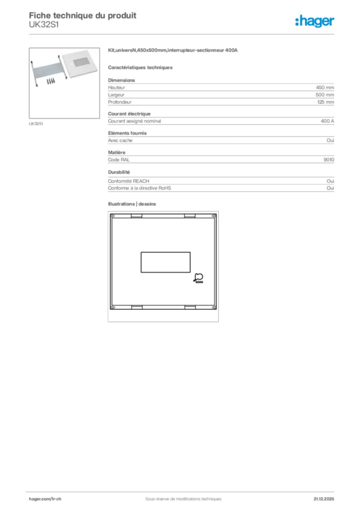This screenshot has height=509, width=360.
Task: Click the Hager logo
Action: click(315, 21)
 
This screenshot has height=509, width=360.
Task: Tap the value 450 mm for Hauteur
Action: click(325, 87)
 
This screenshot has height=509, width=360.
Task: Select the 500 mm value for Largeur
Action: click(325, 94)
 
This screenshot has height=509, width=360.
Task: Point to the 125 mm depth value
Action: click(326, 102)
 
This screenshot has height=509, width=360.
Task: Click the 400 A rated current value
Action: click(328, 121)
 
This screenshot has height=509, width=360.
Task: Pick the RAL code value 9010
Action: click(329, 160)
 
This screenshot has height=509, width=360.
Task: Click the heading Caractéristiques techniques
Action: click(140, 67)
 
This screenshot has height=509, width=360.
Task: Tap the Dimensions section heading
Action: click(121, 80)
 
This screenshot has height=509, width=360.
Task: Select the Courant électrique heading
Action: click(129, 114)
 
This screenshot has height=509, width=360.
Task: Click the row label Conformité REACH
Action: click(129, 181)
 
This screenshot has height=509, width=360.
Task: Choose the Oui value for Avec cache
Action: click(330, 140)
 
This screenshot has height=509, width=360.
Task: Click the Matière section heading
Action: click(116, 152)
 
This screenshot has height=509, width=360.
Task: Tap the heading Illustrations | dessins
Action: click(132, 204)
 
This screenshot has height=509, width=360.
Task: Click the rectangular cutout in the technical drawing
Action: click(166, 261)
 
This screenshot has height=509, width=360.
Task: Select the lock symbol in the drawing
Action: click(199, 278)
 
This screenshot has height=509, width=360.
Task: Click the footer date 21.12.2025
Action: click(324, 499)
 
